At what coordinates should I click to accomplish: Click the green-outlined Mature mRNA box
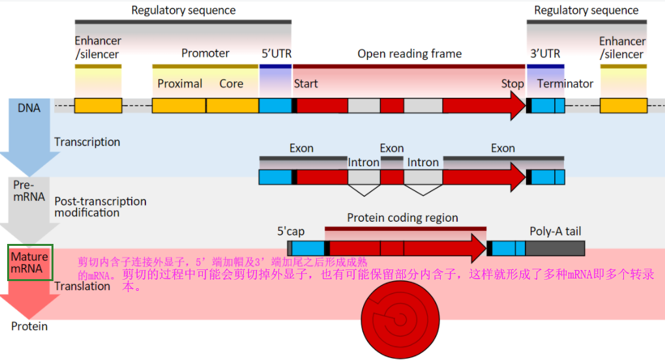tap(29, 263)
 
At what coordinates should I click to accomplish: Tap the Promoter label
tap(205, 53)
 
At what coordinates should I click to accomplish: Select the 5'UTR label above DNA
tap(276, 53)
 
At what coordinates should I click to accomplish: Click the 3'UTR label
tap(545, 53)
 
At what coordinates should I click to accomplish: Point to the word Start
tap(306, 83)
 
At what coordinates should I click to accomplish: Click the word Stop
tap(512, 83)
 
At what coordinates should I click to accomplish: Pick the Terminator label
tap(565, 83)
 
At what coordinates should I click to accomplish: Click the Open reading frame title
tap(409, 53)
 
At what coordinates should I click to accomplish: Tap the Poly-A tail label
tap(555, 231)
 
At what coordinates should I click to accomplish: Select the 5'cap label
tap(291, 231)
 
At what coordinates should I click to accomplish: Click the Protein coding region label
tap(402, 218)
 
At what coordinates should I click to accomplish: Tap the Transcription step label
tap(87, 142)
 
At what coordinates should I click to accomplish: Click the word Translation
tap(82, 286)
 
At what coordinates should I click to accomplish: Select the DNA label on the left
tap(29, 108)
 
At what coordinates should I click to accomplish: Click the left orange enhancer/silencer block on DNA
tap(98, 106)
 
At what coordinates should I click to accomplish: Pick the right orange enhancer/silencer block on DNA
tap(623, 106)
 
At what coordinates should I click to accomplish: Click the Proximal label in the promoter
tap(180, 83)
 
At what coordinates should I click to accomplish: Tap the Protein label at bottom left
tap(29, 326)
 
